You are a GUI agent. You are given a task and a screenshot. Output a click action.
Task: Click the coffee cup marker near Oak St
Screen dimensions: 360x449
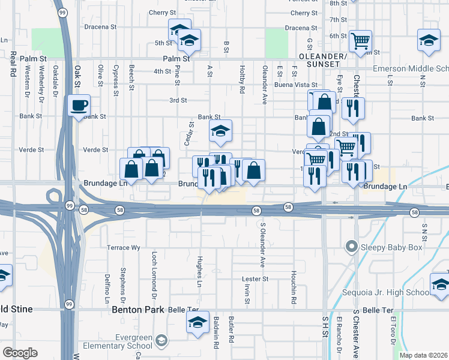(79, 106)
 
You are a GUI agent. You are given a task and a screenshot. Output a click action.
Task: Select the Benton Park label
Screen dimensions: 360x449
(133, 310)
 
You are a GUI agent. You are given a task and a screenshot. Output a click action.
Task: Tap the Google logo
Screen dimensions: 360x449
(20, 352)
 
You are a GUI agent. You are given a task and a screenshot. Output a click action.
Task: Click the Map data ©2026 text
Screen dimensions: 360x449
(424, 355)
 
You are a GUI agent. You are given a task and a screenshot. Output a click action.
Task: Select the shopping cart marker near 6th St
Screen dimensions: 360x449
(360, 41)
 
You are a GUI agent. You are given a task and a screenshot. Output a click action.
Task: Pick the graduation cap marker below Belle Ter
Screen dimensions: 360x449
(197, 323)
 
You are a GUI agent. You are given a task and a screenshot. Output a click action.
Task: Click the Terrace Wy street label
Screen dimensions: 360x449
(123, 247)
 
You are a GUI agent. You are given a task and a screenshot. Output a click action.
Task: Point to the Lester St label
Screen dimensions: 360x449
(255, 279)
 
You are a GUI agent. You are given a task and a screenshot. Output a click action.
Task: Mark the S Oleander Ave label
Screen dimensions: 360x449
(262, 245)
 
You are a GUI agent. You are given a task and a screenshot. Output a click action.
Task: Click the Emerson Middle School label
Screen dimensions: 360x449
(410, 68)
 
